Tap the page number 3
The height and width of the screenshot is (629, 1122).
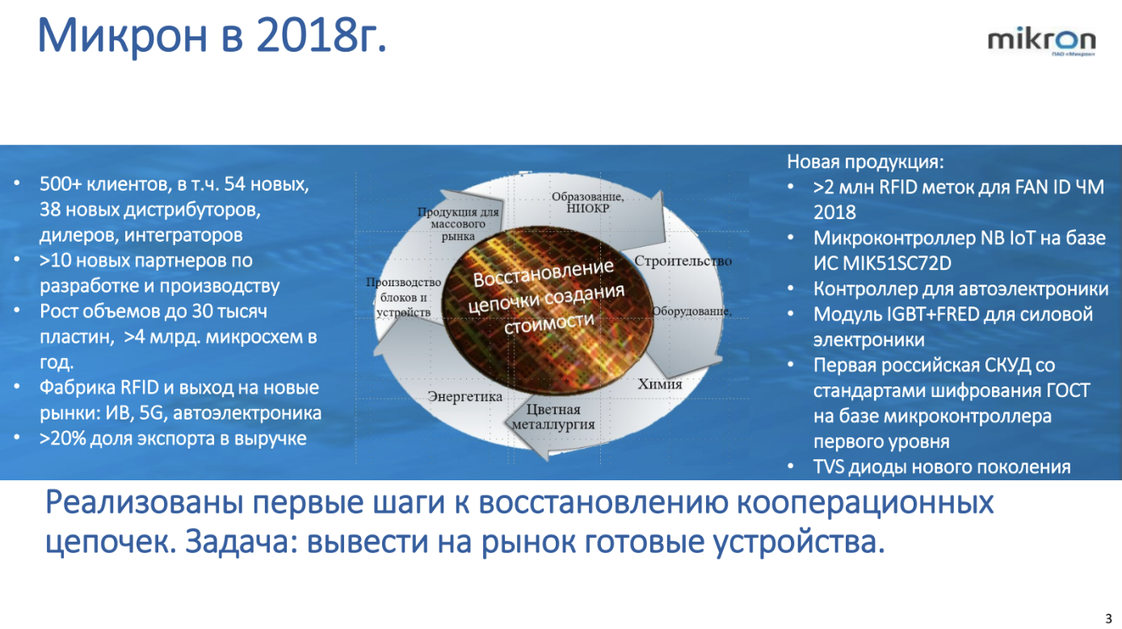1108,618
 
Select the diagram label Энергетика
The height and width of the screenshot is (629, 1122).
464,396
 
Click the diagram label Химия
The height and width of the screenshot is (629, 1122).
660,384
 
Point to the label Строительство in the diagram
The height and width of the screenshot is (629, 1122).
683,260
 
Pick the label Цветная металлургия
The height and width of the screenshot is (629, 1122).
553,417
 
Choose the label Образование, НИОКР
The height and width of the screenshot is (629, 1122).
588,202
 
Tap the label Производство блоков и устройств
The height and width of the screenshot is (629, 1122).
403,298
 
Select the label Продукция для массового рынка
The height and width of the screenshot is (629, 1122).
458,224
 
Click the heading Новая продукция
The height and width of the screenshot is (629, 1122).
865,162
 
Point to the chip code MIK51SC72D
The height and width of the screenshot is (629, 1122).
897,263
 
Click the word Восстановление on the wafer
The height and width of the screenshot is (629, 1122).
544,273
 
